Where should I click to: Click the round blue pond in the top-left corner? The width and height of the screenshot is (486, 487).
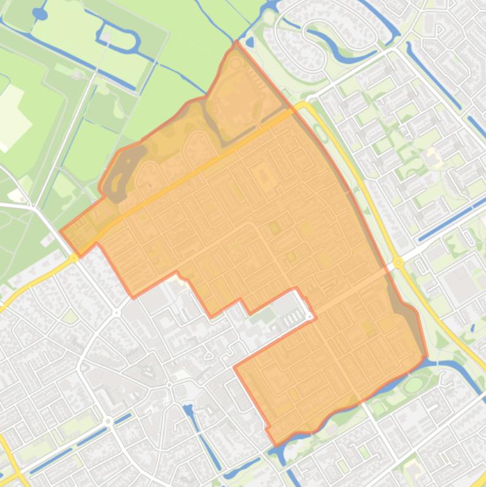pos(40,13)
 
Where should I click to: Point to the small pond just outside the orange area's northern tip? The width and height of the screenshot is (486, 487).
pos(250,43)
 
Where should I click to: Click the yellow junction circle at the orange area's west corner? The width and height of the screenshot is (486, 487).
pos(75,257)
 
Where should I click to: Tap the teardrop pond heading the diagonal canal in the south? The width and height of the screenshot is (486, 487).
pos(188,393)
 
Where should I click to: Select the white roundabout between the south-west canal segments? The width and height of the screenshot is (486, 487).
pos(109,421)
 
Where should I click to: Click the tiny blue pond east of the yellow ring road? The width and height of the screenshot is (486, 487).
pos(473,328)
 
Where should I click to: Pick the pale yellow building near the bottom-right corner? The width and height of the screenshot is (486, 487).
pos(413,468)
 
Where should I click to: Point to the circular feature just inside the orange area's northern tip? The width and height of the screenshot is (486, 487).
pos(236,63)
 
